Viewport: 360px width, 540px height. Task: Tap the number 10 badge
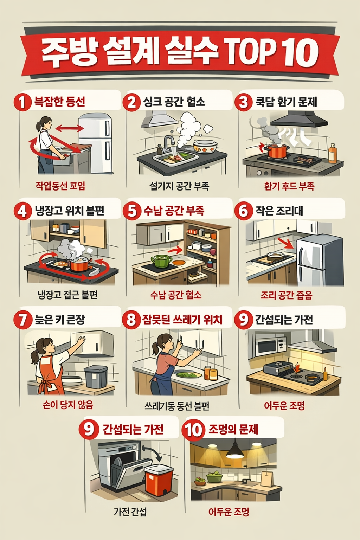[x=193, y=430]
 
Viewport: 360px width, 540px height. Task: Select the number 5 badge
[x=132, y=211]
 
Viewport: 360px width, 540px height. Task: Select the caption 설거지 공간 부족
[x=179, y=186]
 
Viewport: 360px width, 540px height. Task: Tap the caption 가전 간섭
[x=130, y=512]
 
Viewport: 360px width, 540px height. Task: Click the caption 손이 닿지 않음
[x=67, y=405]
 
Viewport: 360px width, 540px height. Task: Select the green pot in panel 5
[x=161, y=261]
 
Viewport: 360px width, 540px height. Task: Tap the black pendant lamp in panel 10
[x=234, y=451]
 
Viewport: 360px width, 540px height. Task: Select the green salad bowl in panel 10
[x=214, y=477]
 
